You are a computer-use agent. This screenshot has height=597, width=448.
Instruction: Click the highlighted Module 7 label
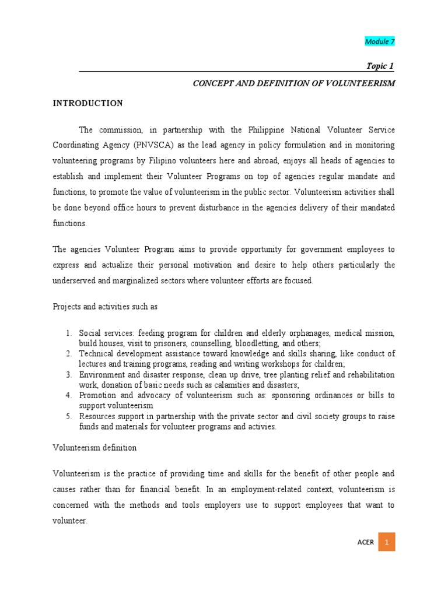(380, 41)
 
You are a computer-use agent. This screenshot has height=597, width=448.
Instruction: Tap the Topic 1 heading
(380, 66)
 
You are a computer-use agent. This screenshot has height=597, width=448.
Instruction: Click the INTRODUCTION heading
(88, 103)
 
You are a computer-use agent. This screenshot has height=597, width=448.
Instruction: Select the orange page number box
(386, 542)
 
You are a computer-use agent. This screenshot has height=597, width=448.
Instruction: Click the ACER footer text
(366, 542)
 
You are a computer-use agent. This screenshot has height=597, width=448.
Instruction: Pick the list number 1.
(68, 333)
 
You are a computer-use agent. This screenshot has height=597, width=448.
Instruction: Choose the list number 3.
(68, 374)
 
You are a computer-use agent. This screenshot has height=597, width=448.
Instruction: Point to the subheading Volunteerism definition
(94, 448)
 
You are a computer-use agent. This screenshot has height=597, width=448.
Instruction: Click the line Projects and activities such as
(106, 307)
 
